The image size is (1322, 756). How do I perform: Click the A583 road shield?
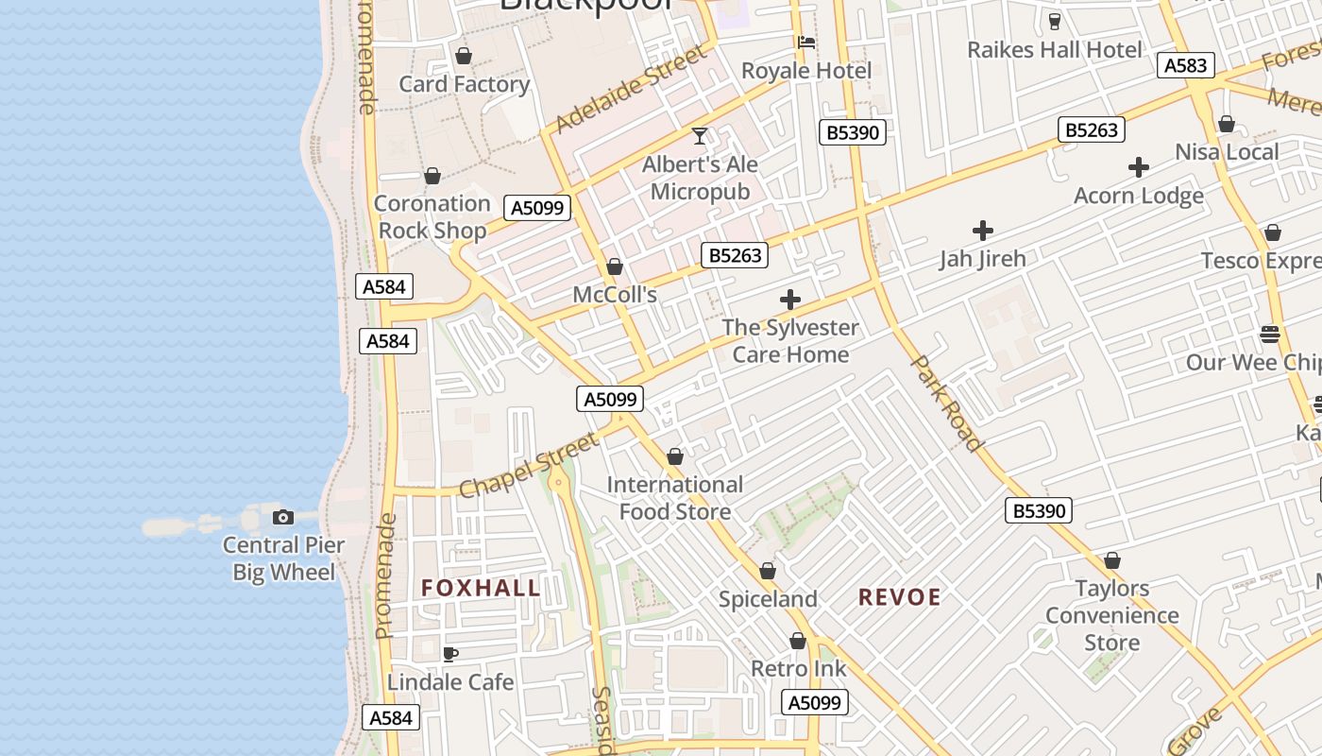[x=1185, y=65]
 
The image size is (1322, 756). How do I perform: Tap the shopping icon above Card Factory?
[x=463, y=57]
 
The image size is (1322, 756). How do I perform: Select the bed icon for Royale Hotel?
[x=806, y=43]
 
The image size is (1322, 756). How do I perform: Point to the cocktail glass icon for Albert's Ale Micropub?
[x=700, y=136]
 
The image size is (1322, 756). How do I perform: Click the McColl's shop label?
[x=615, y=295]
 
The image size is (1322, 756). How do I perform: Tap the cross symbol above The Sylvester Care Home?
[x=790, y=301]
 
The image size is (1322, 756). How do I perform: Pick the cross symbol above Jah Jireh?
[x=983, y=231]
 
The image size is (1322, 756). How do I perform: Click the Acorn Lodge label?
[x=1139, y=196]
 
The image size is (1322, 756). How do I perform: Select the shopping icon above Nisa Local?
[x=1227, y=124]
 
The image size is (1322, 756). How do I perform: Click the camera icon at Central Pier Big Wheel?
[x=282, y=517]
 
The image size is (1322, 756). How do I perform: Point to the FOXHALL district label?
[x=482, y=588]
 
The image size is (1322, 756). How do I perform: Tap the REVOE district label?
[x=900, y=597]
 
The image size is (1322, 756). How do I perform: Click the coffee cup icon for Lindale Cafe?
[x=450, y=654]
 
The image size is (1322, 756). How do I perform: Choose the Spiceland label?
[x=768, y=599]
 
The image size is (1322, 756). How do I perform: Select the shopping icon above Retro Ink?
[x=798, y=642]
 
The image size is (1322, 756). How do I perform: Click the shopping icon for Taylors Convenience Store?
[x=1112, y=560]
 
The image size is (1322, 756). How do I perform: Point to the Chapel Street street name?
[x=529, y=465]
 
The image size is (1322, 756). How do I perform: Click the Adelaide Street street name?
[x=631, y=90]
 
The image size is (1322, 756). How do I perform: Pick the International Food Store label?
[x=675, y=498]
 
